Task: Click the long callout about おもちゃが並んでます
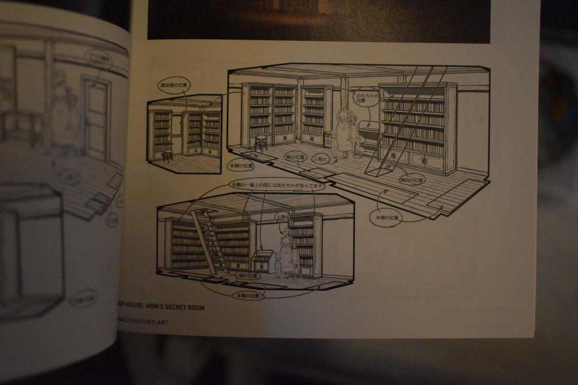[276, 184]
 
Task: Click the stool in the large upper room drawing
[261, 143]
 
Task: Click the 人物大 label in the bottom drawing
[281, 218]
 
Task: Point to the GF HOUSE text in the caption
[131, 308]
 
